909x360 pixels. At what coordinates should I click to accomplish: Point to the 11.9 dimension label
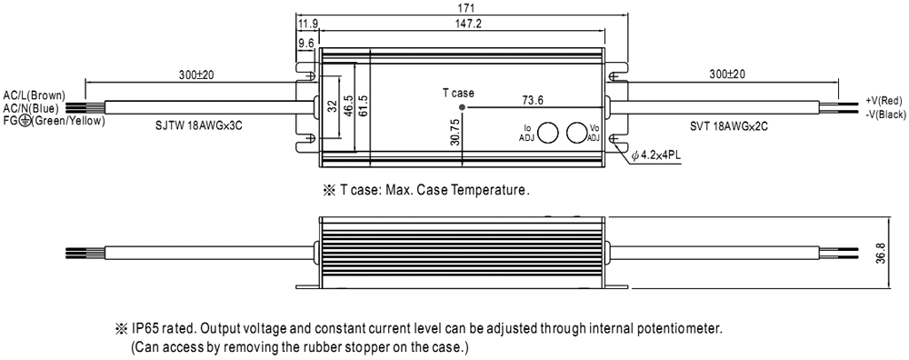pos(307,24)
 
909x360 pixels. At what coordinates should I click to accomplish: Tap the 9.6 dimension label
pos(306,43)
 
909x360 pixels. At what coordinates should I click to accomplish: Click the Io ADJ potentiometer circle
pos(547,133)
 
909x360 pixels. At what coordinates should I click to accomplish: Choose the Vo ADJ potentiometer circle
pos(576,133)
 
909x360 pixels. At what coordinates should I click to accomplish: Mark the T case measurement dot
pos(462,107)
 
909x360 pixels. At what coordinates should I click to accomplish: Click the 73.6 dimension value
pos(533,100)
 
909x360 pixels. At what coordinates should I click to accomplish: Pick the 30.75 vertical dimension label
pos(455,131)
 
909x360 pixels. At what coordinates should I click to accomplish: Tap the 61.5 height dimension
pos(363,107)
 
